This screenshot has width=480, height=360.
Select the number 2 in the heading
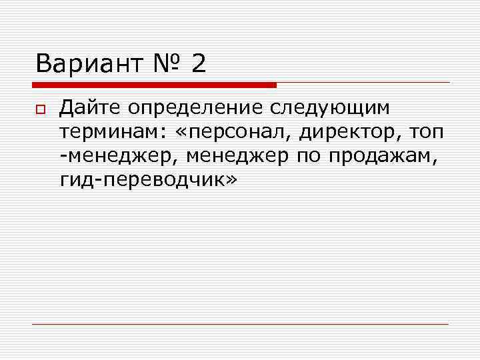pos(198,64)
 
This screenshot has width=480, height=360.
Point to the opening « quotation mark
pos(184,132)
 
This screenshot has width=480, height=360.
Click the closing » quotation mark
pos(231,181)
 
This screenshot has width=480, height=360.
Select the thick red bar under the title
pos(154,85)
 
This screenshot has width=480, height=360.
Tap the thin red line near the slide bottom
pos(240,324)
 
